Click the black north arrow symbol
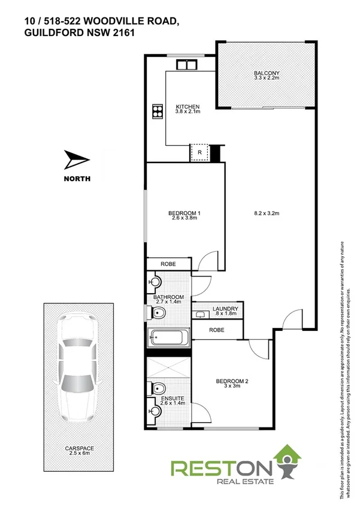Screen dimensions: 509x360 point(76,161)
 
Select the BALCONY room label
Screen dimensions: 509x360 point(267,74)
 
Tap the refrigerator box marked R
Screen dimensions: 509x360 point(199,153)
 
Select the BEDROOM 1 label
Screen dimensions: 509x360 point(184,213)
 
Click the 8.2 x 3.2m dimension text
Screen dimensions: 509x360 point(267,213)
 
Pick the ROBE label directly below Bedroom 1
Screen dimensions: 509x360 point(168,264)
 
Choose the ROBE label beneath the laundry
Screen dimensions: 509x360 point(216,329)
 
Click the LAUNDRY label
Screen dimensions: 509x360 point(225,309)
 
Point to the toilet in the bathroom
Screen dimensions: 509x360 point(157,314)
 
